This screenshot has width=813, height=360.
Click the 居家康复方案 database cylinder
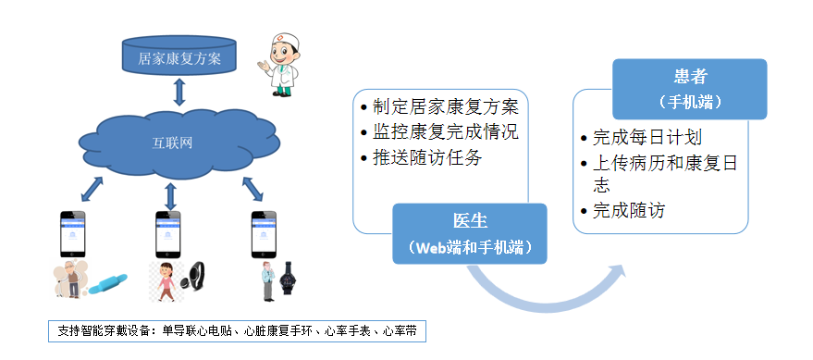[x=179, y=56]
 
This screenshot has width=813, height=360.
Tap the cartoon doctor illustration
[x=279, y=65]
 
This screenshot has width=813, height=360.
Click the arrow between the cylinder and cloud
[x=179, y=92]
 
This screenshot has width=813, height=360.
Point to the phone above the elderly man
[x=72, y=234]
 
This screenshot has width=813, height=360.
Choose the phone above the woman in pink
[x=168, y=234]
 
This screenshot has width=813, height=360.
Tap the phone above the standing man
[x=264, y=234]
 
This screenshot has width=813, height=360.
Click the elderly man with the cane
[x=70, y=279]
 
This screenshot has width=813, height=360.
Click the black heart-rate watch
[x=287, y=279]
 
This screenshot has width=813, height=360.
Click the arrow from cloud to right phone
[x=253, y=189]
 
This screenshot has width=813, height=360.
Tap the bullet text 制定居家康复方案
[x=446, y=106]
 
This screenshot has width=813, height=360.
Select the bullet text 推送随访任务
[x=427, y=157]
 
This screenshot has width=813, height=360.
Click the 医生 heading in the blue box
[x=470, y=221]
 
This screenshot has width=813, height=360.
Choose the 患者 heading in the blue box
[x=690, y=78]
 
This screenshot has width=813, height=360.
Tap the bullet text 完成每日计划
[x=647, y=138]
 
